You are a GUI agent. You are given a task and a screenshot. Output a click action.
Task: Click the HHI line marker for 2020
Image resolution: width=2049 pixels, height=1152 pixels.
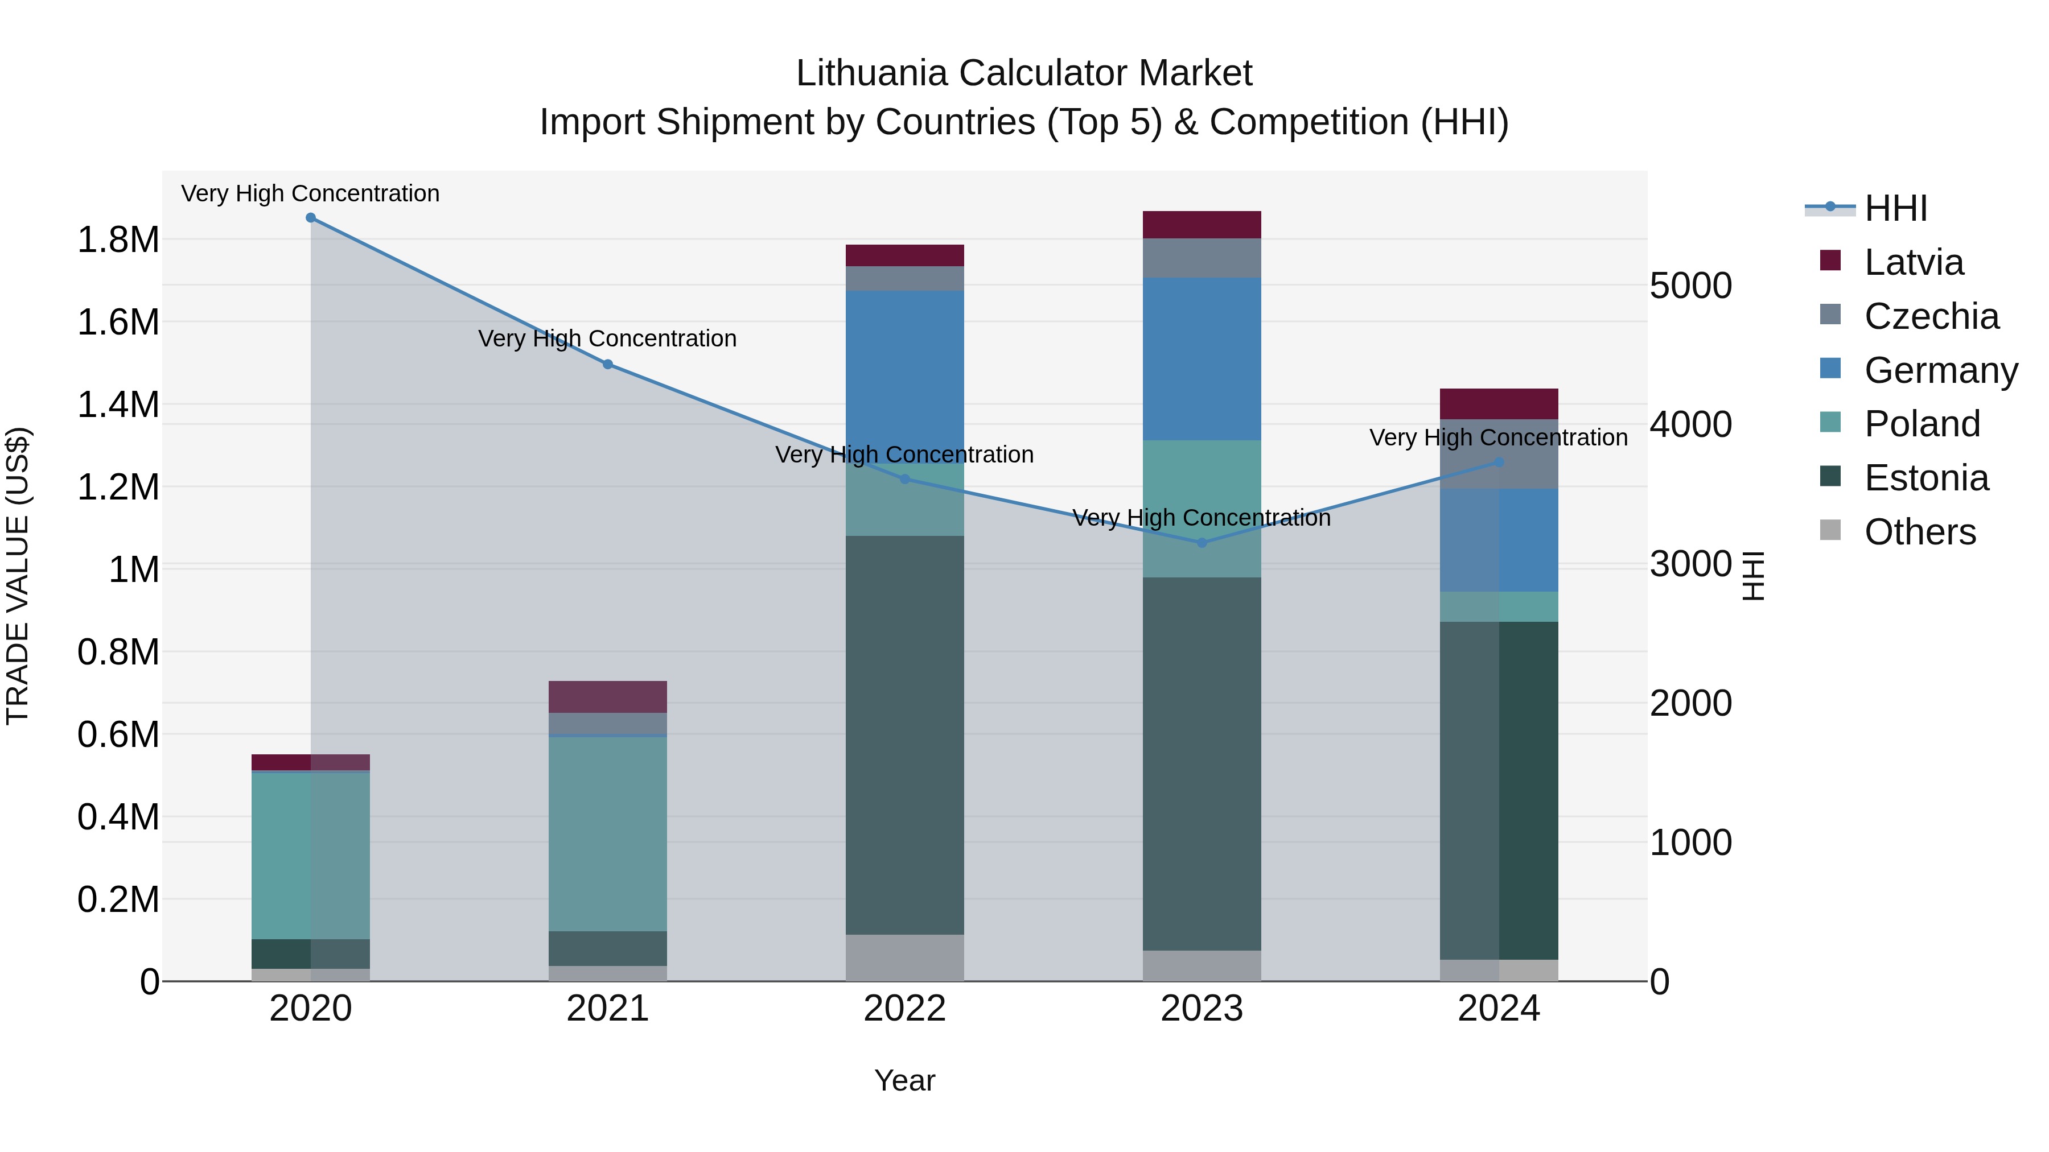click(x=310, y=218)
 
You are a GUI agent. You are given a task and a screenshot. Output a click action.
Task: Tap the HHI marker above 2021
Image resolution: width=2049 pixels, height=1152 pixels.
click(x=608, y=364)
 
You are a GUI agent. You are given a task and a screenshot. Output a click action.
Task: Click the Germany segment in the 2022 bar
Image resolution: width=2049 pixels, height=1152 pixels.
click(x=904, y=374)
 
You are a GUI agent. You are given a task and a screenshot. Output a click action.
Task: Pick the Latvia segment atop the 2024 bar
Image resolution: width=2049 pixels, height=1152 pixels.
click(x=1499, y=404)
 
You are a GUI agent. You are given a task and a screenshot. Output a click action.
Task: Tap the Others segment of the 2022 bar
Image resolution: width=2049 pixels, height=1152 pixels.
click(x=904, y=957)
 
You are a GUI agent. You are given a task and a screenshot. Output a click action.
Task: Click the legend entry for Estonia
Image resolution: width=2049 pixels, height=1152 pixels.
click(x=1925, y=478)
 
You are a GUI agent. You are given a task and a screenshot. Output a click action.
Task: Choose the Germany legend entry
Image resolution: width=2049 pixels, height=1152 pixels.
click(x=1940, y=370)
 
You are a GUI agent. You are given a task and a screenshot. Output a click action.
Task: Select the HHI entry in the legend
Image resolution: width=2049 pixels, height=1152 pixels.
click(x=1895, y=208)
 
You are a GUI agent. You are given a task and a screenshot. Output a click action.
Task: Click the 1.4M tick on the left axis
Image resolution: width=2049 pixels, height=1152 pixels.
click(x=118, y=404)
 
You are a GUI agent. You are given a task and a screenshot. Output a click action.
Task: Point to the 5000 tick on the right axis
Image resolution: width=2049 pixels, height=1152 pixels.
click(x=1690, y=286)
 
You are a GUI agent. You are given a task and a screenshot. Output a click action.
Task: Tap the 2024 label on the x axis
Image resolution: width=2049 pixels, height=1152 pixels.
click(x=1499, y=1009)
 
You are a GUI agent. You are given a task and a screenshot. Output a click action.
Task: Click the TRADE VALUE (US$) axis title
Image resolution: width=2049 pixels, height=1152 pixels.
click(x=18, y=576)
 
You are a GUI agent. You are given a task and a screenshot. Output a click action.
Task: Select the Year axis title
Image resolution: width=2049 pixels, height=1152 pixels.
click(x=904, y=1080)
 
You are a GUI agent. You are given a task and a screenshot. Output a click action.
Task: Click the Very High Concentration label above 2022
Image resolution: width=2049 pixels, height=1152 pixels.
click(x=904, y=455)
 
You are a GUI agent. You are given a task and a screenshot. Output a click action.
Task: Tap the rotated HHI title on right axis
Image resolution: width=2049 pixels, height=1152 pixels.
click(x=1752, y=576)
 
